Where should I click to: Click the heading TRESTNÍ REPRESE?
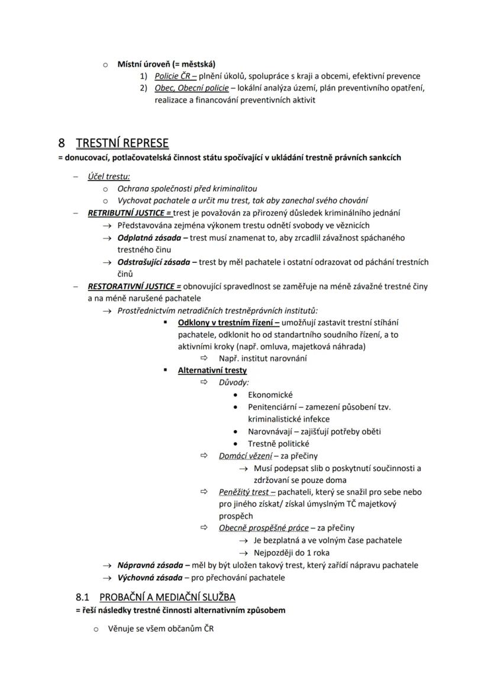(122, 143)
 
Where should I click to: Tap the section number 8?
(62, 143)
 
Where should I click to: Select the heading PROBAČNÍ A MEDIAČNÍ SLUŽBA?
(167, 597)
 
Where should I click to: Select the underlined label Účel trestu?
(109, 176)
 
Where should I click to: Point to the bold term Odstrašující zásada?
(156, 262)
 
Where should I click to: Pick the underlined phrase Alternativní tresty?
(212, 370)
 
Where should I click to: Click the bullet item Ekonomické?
(270, 395)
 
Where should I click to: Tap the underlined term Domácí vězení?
(246, 456)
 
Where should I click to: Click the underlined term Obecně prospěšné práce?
(263, 528)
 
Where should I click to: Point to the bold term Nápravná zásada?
(150, 565)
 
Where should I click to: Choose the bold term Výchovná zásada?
(150, 578)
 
